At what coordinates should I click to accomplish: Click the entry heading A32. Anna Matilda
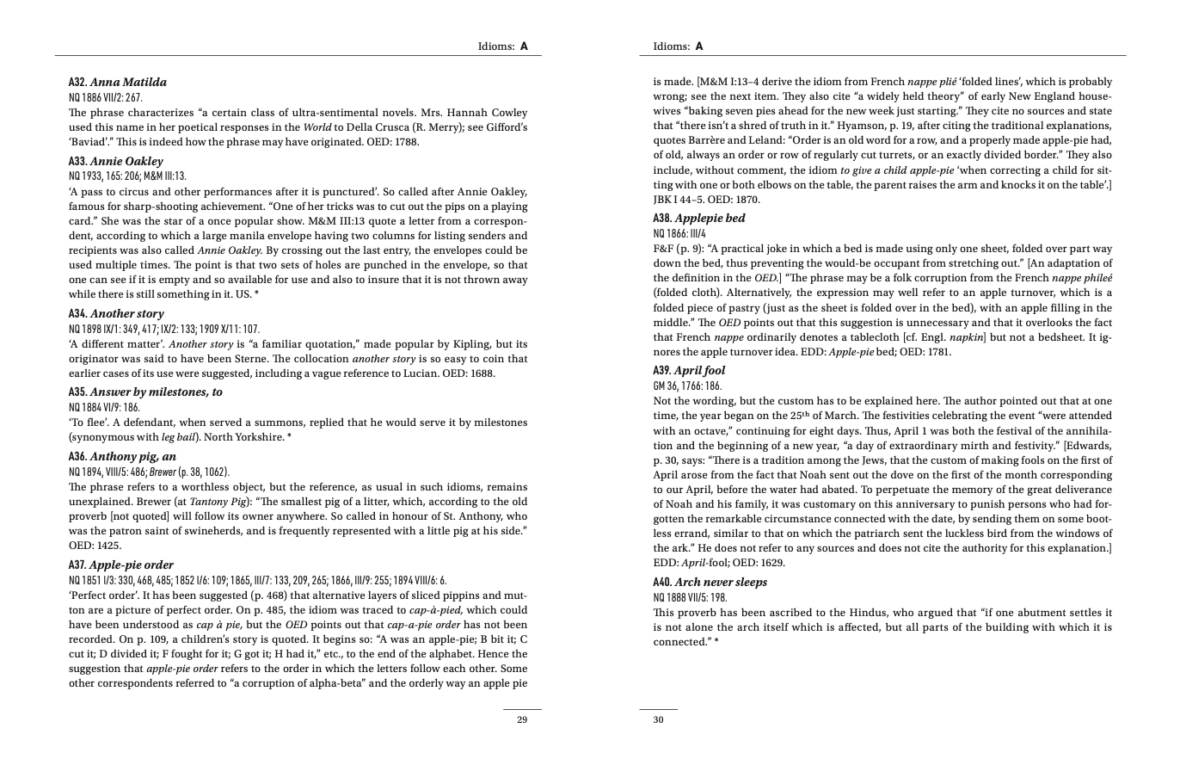[x=118, y=83]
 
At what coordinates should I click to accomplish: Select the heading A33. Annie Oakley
[x=115, y=162]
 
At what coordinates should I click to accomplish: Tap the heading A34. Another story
[x=116, y=314]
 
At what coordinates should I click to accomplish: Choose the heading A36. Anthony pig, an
[x=123, y=471]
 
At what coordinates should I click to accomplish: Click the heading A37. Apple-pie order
[x=120, y=565]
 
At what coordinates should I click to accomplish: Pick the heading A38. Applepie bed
[x=699, y=219]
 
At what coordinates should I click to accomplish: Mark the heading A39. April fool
[x=689, y=371]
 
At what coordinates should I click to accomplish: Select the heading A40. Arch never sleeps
[x=710, y=583]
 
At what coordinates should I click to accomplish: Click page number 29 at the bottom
[x=522, y=720]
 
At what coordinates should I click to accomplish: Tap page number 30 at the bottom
[x=659, y=720]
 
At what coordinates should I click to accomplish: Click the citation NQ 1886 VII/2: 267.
[x=106, y=97]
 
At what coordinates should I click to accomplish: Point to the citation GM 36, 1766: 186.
[x=688, y=386]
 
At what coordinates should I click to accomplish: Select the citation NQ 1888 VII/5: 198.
[x=691, y=597]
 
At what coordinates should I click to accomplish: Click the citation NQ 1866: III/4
[x=679, y=233]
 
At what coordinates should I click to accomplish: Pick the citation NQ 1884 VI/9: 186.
[x=104, y=407]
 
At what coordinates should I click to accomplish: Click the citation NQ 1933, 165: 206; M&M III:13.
[x=127, y=176]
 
